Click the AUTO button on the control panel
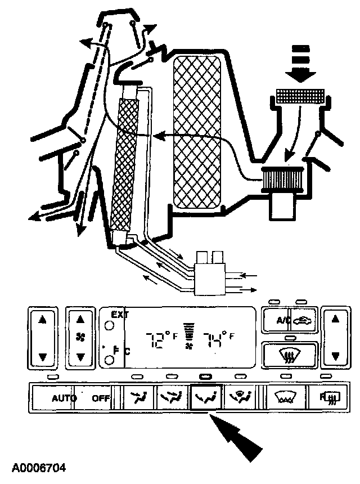64,398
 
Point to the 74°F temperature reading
217,340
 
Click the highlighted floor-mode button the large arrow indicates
205,398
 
